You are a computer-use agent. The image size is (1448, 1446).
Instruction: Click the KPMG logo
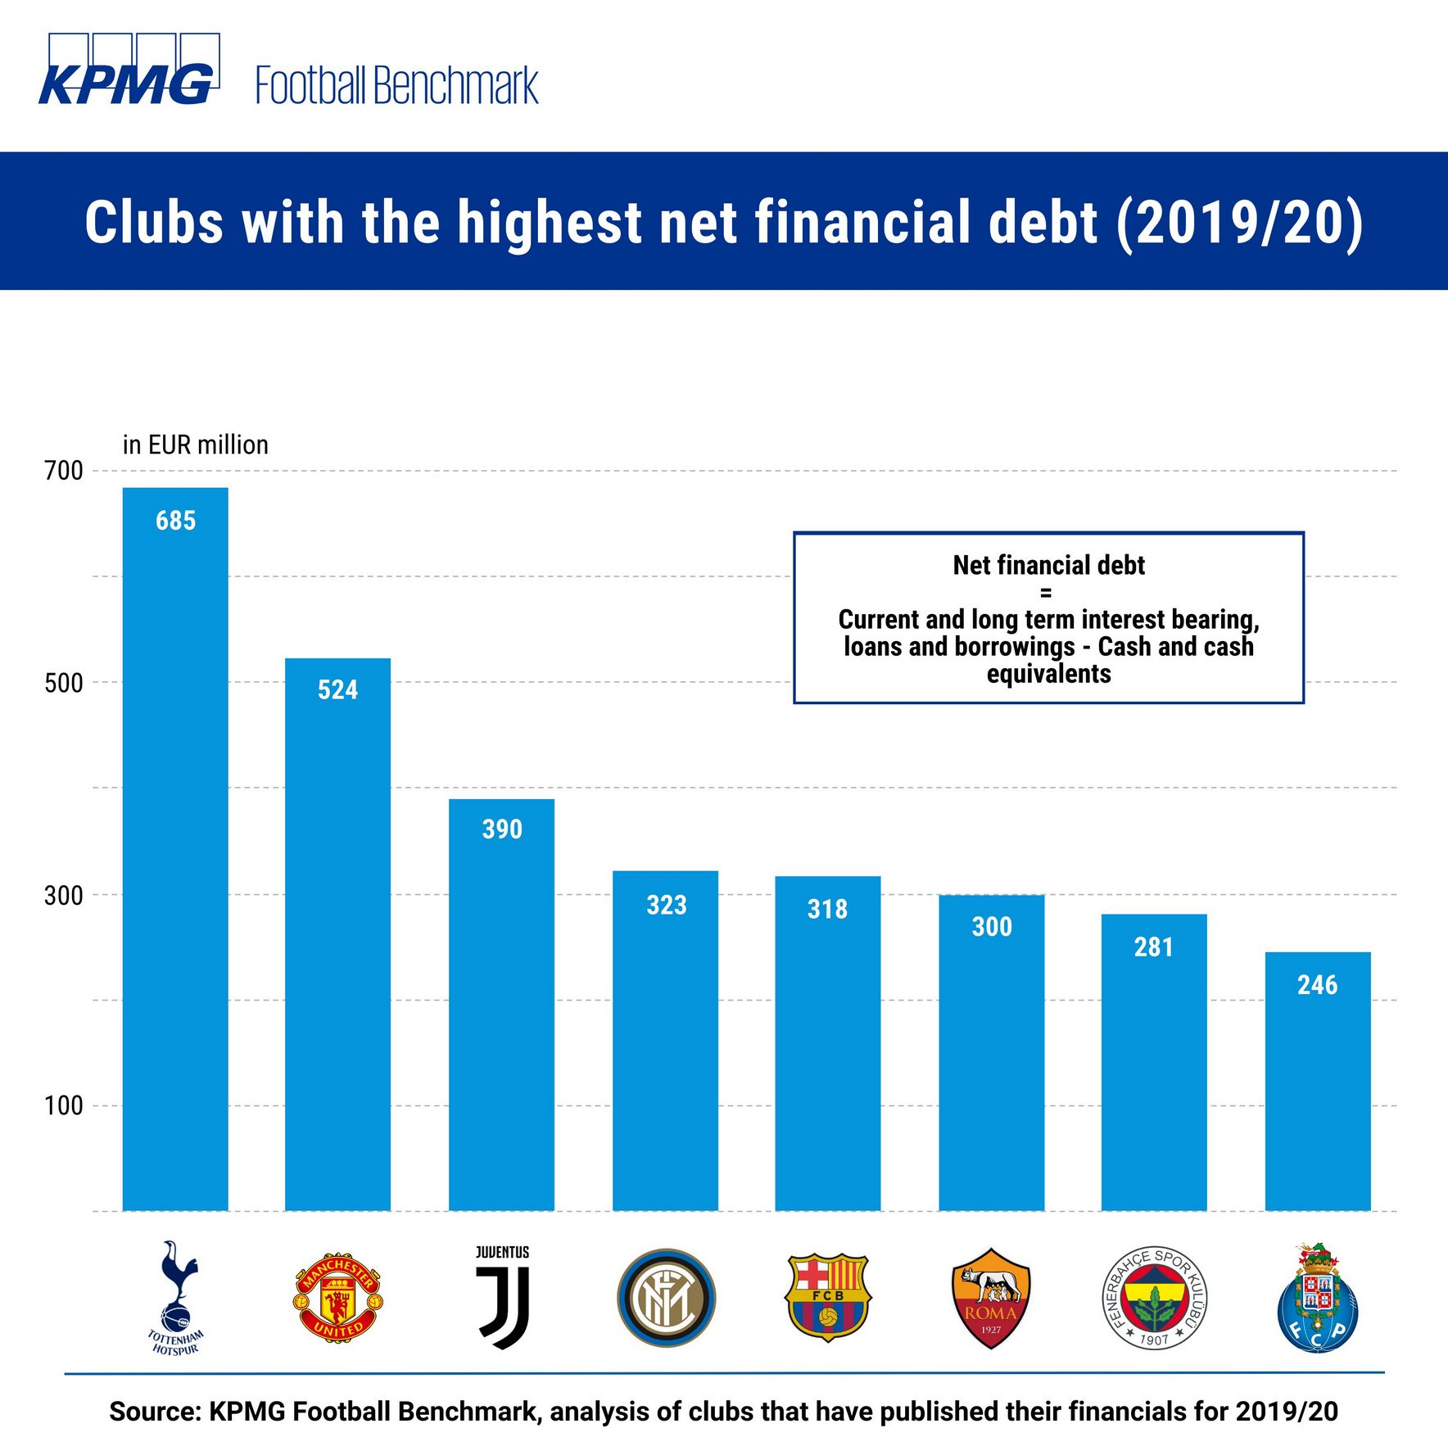tap(129, 71)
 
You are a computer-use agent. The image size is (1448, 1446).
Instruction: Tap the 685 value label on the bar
tap(175, 521)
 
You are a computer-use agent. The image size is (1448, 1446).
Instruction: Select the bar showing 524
tap(337, 933)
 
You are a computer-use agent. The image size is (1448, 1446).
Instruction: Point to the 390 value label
tap(502, 829)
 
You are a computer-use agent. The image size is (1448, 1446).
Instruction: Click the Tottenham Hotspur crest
tap(174, 1297)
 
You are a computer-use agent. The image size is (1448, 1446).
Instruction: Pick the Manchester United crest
tap(337, 1297)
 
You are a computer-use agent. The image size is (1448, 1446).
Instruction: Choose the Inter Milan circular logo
tap(666, 1298)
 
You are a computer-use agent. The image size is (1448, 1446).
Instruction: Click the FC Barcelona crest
tap(827, 1297)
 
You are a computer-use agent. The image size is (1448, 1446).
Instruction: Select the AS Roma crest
tap(991, 1298)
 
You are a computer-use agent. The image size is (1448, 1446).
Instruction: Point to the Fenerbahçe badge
tap(1154, 1298)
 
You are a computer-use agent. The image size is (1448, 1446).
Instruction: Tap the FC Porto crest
tap(1317, 1298)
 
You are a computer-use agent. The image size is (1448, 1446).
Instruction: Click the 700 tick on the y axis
tap(64, 471)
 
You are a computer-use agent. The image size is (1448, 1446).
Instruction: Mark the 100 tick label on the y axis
tap(64, 1105)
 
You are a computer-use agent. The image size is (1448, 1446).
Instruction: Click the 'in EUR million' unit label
tap(196, 445)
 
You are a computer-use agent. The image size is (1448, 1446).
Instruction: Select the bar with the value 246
tap(1317, 1081)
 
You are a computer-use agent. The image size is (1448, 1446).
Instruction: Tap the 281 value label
tap(1153, 947)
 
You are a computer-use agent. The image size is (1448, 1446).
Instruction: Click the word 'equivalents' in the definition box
tap(1048, 674)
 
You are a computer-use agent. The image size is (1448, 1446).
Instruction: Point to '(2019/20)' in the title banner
tap(1239, 223)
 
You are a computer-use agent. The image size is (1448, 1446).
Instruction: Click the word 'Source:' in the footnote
tap(155, 1411)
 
